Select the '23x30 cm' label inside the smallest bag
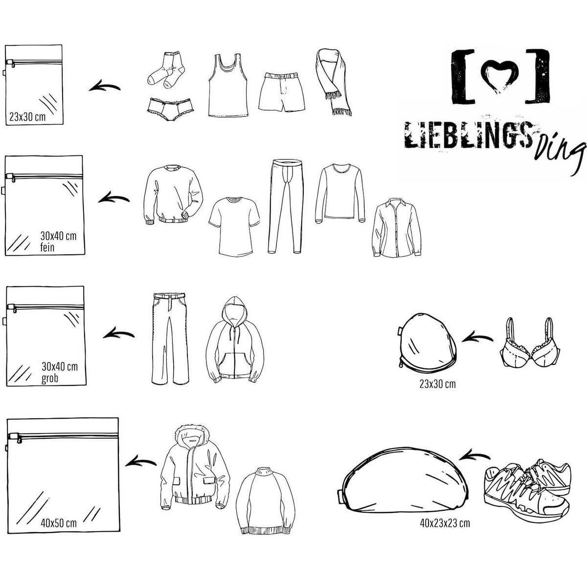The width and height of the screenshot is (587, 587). click(27, 117)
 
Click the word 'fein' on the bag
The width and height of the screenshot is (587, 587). click(47, 248)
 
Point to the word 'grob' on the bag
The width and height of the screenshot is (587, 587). click(50, 379)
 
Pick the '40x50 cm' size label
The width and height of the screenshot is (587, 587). click(59, 523)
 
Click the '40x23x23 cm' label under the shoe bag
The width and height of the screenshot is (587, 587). click(445, 523)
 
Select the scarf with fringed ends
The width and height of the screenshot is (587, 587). click(334, 82)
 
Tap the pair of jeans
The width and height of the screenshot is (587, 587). click(170, 338)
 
